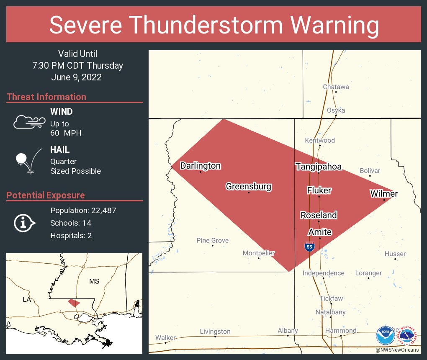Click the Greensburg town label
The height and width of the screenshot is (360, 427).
(248, 186)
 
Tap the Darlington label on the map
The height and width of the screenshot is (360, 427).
(200, 166)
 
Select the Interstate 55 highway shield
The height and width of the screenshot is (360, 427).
(309, 246)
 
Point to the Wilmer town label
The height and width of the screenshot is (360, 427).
(383, 193)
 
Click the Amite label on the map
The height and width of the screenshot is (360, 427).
(320, 232)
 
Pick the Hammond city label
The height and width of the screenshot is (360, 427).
(342, 330)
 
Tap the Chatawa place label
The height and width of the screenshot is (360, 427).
(336, 87)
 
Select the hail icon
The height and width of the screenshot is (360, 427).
(28, 160)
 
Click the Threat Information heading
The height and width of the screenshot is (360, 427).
(46, 97)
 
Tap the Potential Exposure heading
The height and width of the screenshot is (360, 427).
(46, 195)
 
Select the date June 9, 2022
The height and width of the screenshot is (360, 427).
(76, 77)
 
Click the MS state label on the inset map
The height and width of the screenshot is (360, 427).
(94, 281)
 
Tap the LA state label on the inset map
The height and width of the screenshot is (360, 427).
(27, 300)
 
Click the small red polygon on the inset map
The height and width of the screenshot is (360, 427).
(74, 302)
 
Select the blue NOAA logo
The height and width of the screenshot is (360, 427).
(385, 336)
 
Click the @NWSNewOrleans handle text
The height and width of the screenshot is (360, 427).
(397, 350)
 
